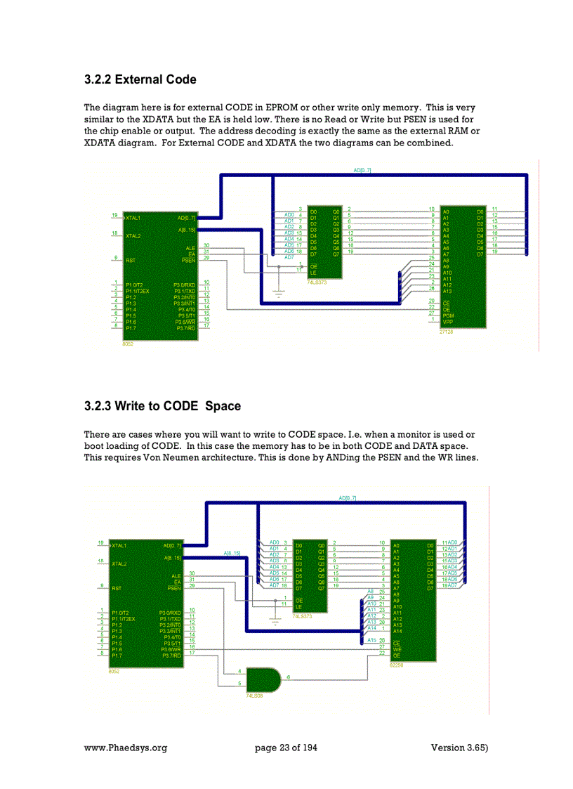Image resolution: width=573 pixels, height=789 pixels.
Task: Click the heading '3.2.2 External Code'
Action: (x=140, y=79)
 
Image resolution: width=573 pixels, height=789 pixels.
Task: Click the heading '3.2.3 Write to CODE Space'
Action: (x=162, y=406)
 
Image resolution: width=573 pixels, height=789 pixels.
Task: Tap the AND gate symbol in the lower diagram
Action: (x=263, y=679)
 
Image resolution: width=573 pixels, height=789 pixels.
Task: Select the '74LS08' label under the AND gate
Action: (x=253, y=695)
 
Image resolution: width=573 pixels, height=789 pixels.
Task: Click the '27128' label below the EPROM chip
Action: (x=446, y=332)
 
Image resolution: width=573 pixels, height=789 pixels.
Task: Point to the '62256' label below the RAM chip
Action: (x=396, y=665)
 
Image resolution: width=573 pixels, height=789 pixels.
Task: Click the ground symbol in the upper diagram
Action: (x=279, y=293)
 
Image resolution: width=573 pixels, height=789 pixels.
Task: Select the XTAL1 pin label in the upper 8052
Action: (x=133, y=218)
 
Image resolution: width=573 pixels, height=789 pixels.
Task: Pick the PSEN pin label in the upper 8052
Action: (x=187, y=260)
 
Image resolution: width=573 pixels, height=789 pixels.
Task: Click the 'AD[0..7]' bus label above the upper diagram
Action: (x=362, y=171)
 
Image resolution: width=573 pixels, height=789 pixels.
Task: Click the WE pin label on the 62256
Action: (x=397, y=648)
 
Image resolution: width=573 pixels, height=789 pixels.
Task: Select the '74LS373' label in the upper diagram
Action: (x=318, y=282)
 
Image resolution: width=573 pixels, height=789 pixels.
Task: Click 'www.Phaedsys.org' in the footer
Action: (x=126, y=748)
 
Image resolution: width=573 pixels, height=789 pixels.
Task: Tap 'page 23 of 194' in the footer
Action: (x=286, y=748)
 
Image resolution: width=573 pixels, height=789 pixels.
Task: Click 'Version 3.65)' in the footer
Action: (x=459, y=748)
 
